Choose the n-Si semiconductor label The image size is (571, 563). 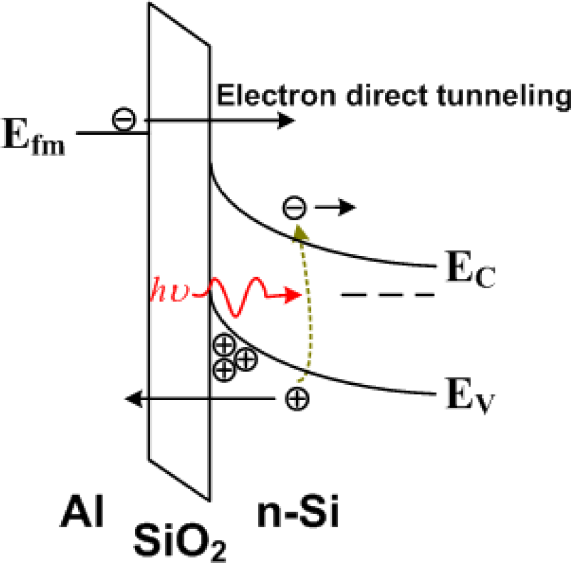pyautogui.click(x=298, y=514)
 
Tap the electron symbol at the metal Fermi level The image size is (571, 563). pyautogui.click(x=123, y=120)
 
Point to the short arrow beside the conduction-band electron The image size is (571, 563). pyautogui.click(x=335, y=207)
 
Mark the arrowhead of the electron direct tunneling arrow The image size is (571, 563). pyautogui.click(x=286, y=120)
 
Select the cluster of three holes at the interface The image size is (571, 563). pyautogui.click(x=233, y=357)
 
